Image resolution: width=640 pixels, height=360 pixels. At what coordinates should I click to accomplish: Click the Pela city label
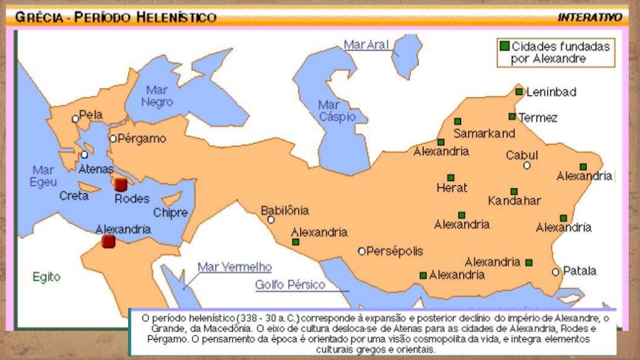click(x=91, y=116)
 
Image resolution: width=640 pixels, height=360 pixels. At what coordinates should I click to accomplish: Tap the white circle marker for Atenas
click(x=84, y=154)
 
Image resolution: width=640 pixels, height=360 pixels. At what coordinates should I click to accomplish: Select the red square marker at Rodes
click(x=121, y=184)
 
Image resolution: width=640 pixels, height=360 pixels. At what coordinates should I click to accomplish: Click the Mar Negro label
click(x=157, y=96)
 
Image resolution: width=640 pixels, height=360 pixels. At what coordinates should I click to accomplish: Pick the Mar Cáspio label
click(x=337, y=111)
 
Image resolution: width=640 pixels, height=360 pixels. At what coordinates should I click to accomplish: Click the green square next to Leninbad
click(x=519, y=92)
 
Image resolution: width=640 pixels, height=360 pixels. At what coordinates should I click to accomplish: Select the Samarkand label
click(x=484, y=133)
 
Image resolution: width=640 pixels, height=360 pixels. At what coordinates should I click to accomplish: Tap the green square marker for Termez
click(x=512, y=117)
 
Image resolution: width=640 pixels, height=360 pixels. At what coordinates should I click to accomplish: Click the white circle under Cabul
click(x=527, y=166)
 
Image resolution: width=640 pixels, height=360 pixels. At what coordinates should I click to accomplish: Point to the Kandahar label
click(x=514, y=201)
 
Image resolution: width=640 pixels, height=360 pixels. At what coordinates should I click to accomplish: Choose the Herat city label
click(x=452, y=187)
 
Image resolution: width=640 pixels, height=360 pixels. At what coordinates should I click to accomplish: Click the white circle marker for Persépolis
click(x=361, y=251)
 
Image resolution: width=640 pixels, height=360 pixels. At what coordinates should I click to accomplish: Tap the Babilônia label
click(x=284, y=211)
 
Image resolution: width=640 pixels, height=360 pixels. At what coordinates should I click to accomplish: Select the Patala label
click(x=579, y=271)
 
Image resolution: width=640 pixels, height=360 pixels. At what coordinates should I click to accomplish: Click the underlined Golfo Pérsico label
click(x=290, y=285)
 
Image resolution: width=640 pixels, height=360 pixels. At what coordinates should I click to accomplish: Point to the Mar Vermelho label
click(x=234, y=267)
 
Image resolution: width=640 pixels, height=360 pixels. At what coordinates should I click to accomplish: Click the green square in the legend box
click(x=504, y=46)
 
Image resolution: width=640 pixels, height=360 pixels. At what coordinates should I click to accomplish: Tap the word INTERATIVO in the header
click(x=589, y=17)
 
